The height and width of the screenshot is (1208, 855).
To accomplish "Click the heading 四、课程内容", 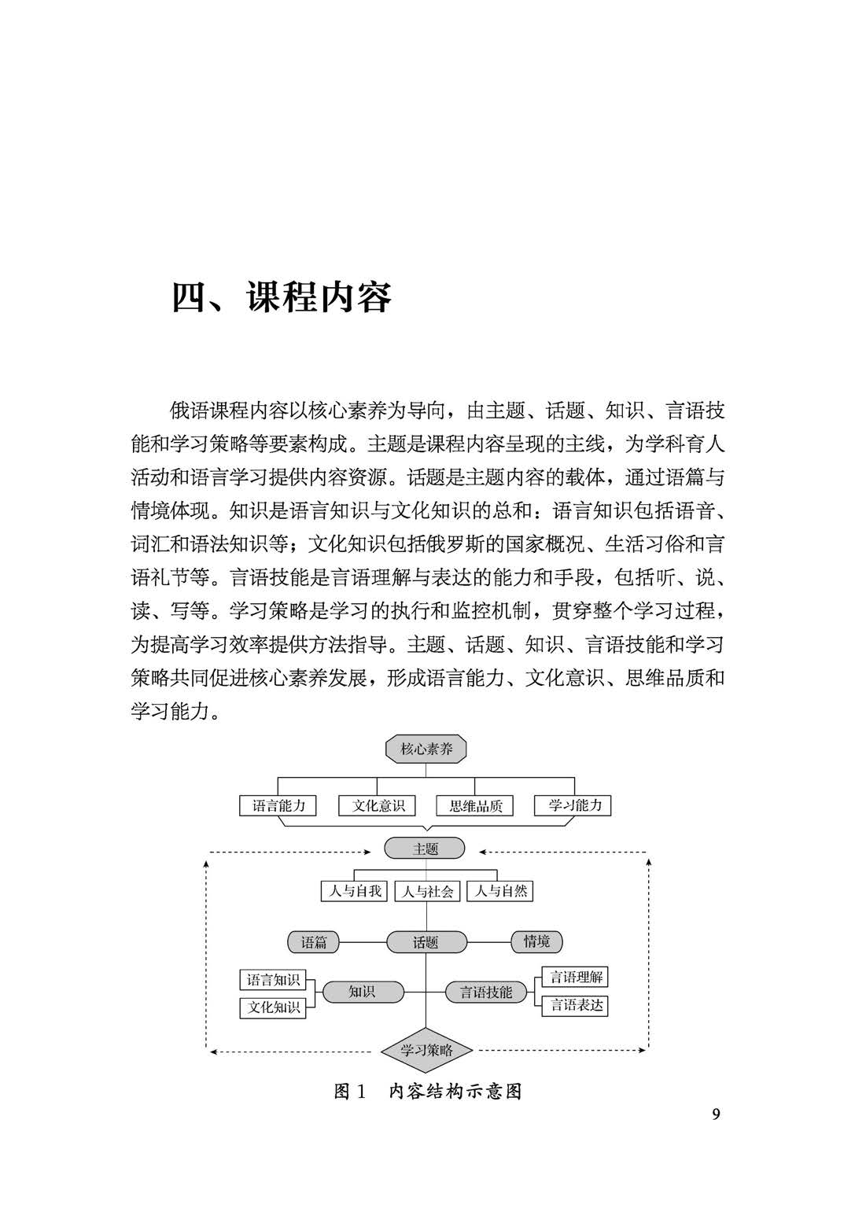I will [x=282, y=298].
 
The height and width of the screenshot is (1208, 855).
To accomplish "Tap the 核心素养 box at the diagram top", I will [x=426, y=749].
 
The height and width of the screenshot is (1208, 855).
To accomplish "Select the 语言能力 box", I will [x=278, y=806].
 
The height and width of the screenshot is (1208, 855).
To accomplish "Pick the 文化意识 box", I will [x=378, y=806].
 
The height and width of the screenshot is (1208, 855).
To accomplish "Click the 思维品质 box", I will [x=475, y=806].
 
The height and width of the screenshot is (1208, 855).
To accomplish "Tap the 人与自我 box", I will [x=355, y=891].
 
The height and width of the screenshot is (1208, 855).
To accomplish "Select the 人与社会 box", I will [x=427, y=891].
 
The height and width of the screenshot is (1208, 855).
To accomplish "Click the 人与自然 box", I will [x=501, y=891].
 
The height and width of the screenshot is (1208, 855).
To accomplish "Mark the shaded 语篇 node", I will [x=314, y=942].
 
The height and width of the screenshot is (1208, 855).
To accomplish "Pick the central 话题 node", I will [x=426, y=942].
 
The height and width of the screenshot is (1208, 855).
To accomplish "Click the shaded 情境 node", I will [x=536, y=941].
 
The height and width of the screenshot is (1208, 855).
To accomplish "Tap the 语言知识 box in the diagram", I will [x=273, y=980].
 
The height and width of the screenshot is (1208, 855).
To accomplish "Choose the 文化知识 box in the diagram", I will [x=273, y=1007].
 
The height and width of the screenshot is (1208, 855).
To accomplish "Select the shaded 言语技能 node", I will [x=485, y=993].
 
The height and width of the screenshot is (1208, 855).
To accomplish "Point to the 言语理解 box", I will [x=576, y=978].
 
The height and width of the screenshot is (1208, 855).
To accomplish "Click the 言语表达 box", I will [x=576, y=1005].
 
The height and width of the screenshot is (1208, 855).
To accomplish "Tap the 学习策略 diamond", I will [x=426, y=1050].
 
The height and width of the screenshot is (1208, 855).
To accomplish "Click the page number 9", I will [x=715, y=1114].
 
